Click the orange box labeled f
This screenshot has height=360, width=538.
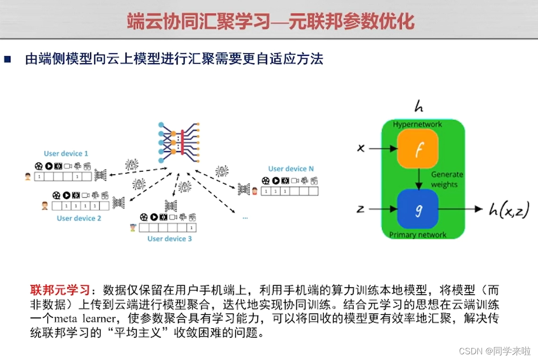click(x=418, y=149)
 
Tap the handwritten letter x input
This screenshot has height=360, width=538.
click(x=360, y=148)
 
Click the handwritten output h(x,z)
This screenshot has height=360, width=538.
click(x=509, y=209)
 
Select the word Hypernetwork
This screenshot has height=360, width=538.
click(x=417, y=124)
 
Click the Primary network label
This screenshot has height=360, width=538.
click(x=417, y=234)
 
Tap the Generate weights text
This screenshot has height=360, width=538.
click(x=447, y=180)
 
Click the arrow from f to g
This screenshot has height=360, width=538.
click(x=418, y=179)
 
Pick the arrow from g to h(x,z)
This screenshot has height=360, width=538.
click(x=459, y=209)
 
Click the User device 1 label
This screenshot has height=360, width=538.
click(x=66, y=153)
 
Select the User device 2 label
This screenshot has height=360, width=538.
click(x=79, y=218)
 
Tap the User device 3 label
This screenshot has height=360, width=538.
click(x=170, y=239)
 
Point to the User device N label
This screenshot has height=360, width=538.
click(x=291, y=169)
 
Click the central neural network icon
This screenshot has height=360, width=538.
click(x=179, y=143)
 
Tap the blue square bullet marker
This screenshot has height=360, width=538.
click(x=7, y=59)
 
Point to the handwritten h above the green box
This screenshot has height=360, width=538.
click(x=419, y=107)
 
